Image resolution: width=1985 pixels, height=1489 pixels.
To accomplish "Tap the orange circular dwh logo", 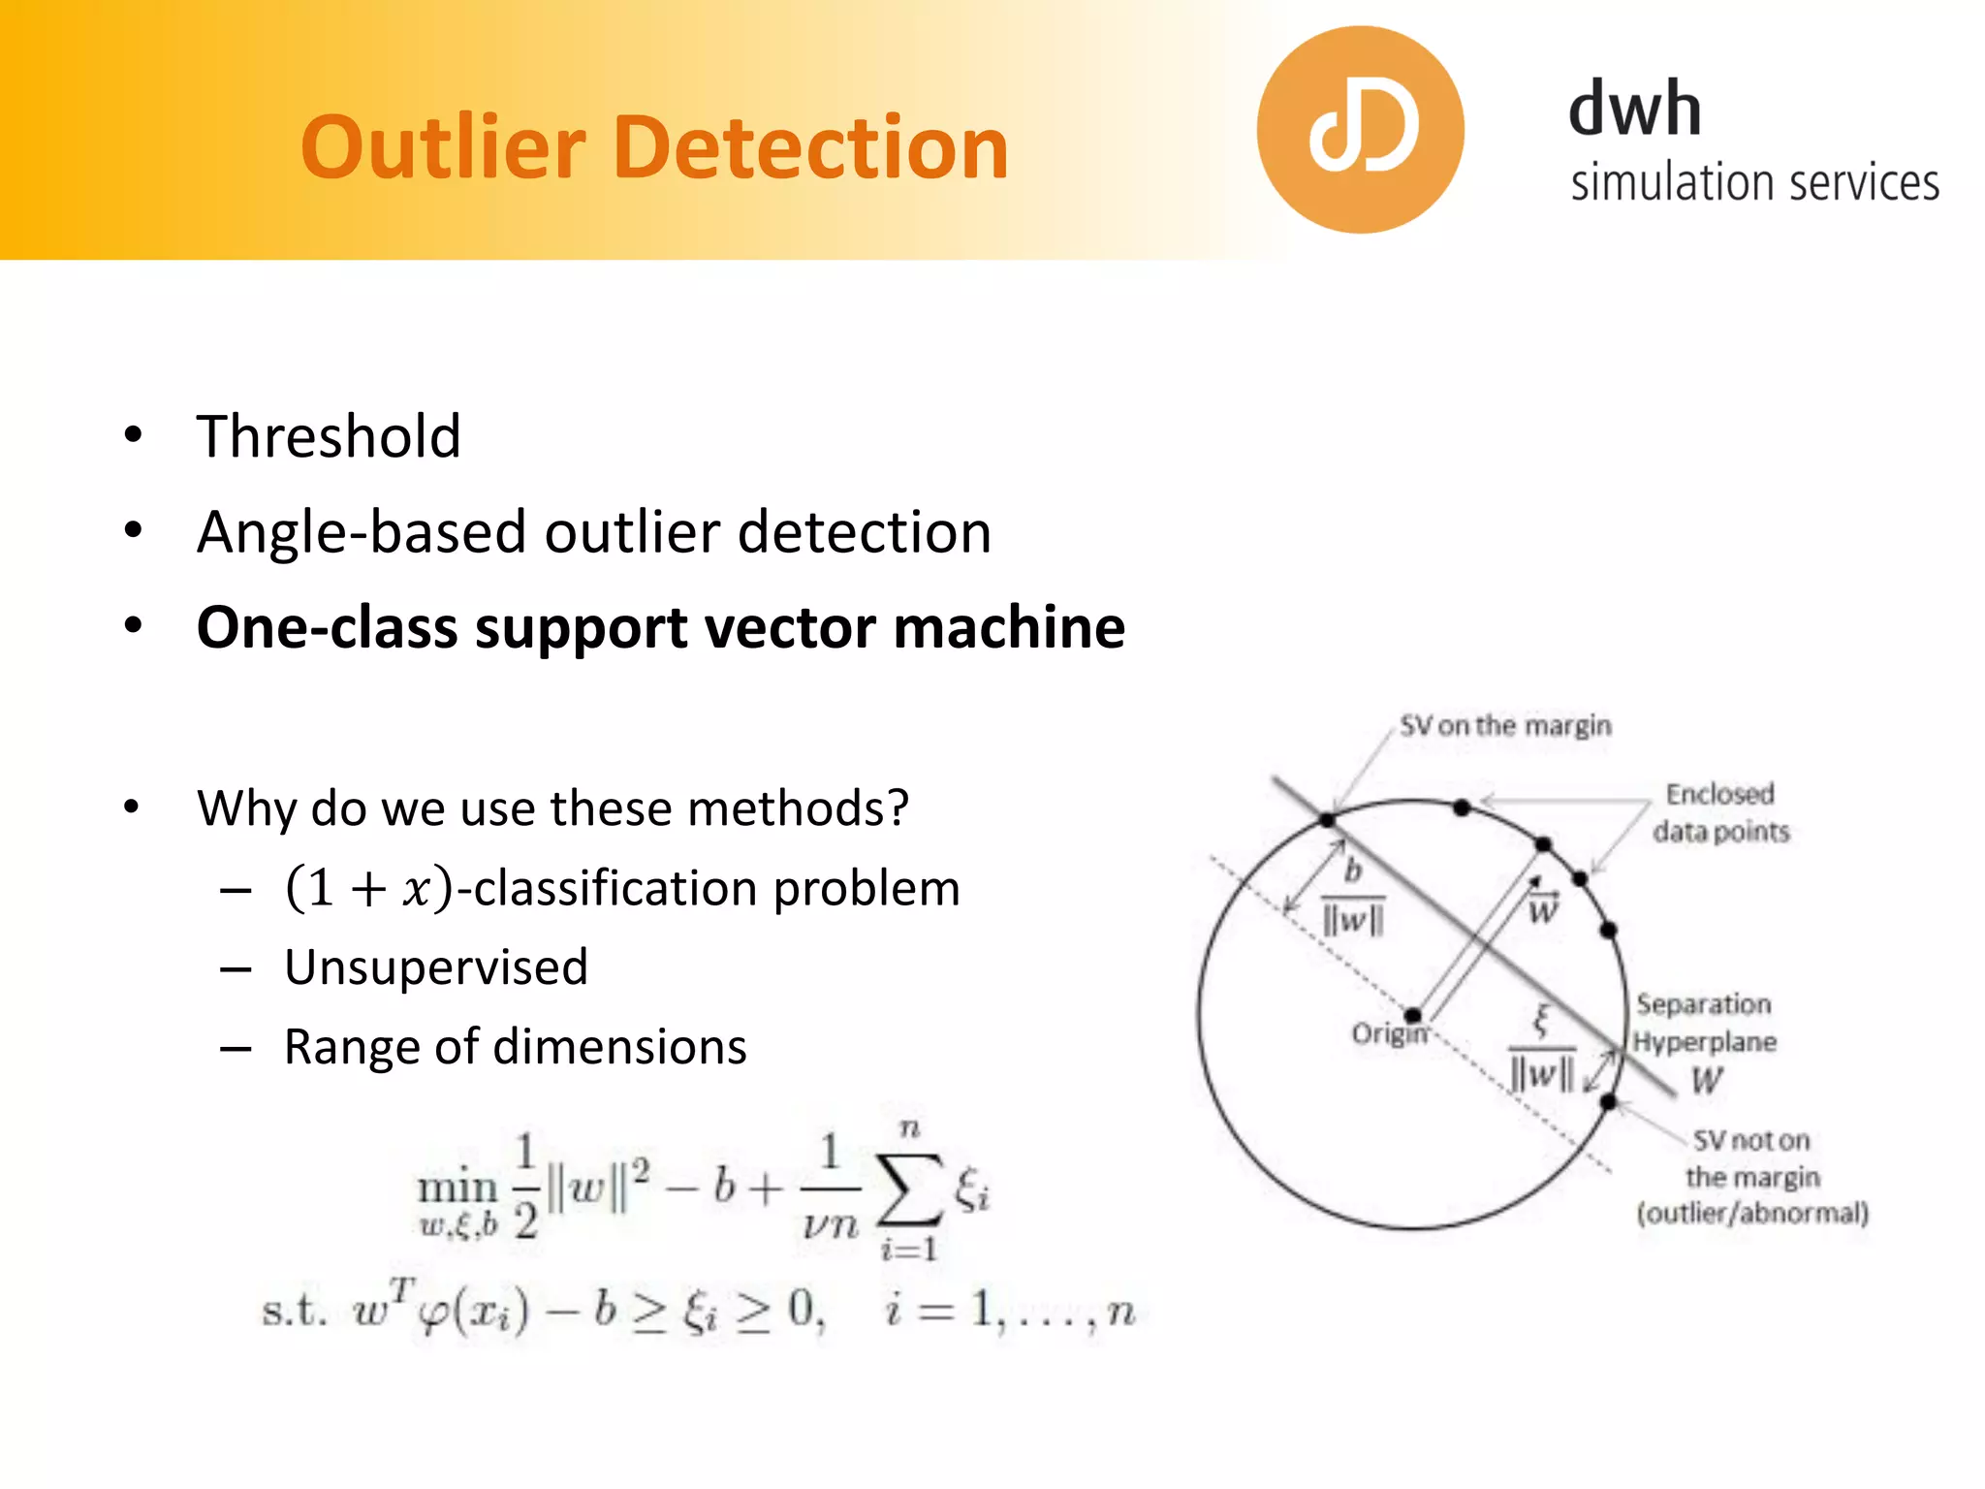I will point(1360,130).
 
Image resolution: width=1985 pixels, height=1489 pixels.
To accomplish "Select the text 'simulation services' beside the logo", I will point(1754,183).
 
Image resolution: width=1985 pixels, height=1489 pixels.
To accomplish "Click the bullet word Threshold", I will point(329,436).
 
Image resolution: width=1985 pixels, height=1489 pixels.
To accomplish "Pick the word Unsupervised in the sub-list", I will point(436,967).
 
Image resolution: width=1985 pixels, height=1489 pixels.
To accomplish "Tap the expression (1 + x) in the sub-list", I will point(368,888).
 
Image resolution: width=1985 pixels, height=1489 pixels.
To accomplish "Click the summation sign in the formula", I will point(908,1189).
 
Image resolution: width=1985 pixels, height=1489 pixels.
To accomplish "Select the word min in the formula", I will point(457,1188).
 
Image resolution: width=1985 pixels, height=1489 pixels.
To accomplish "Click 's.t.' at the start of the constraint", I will point(294,1312).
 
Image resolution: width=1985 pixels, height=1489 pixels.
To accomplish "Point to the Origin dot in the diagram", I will point(1413,1015).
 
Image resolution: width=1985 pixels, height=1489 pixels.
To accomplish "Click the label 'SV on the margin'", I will point(1505,726).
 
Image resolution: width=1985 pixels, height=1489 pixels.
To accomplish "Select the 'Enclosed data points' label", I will point(1720,812).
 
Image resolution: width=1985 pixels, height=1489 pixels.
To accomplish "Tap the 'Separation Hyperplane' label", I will point(1704,1023).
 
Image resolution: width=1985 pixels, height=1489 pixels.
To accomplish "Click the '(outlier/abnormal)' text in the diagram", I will point(1752,1214).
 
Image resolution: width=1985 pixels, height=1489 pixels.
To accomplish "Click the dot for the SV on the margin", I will point(1328,820).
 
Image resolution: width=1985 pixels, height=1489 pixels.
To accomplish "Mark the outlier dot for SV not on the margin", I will point(1608,1102).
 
